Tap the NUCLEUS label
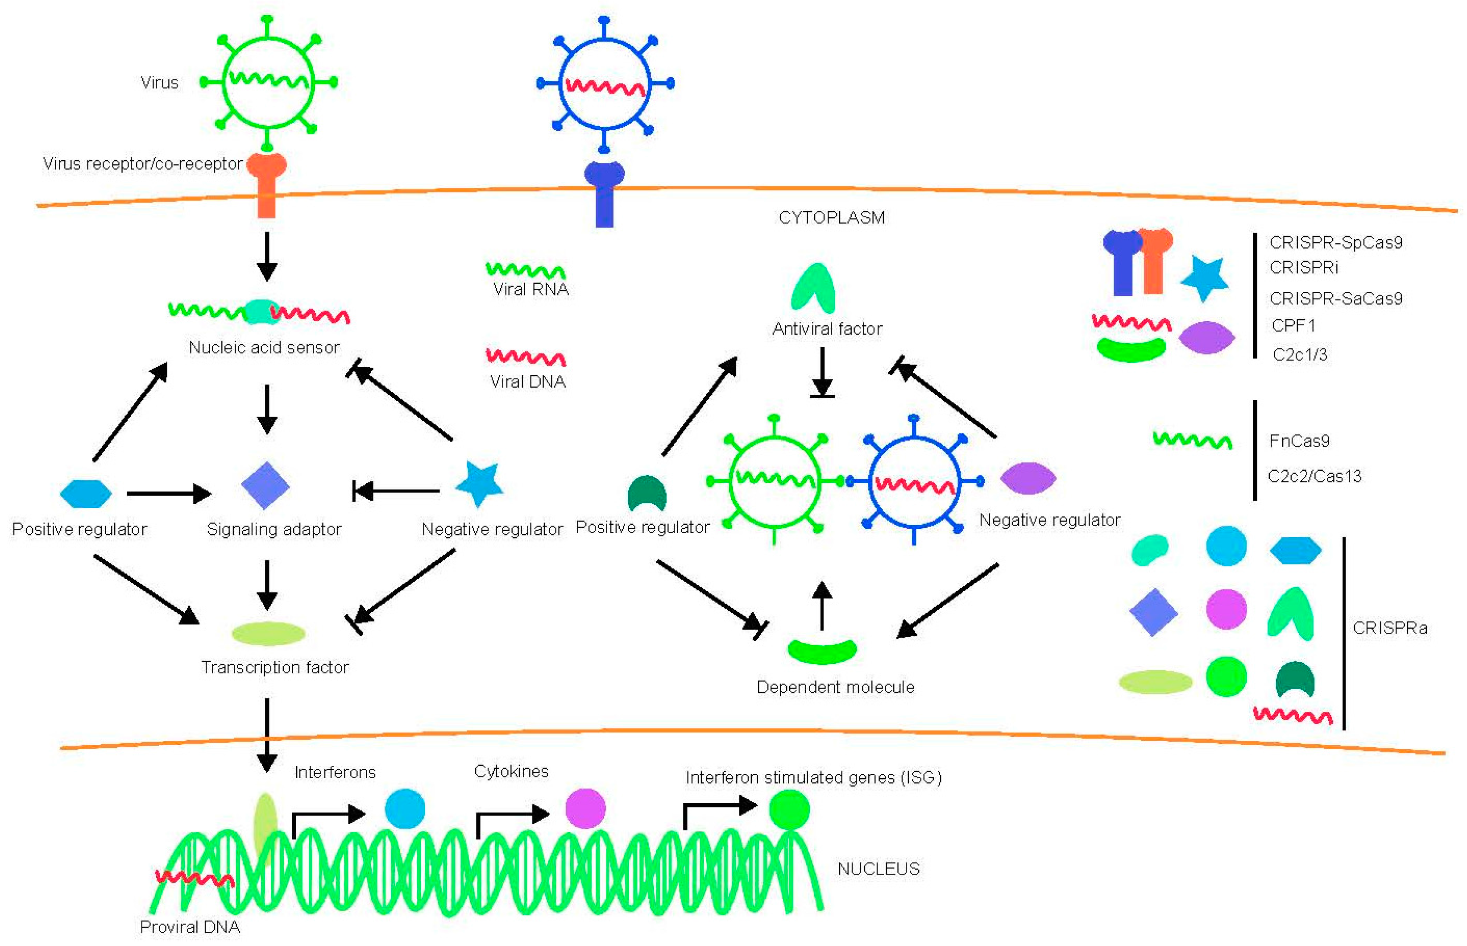tap(878, 869)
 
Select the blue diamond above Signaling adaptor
tap(265, 485)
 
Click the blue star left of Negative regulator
tap(479, 483)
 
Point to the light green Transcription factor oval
tap(268, 633)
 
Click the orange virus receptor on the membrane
tap(266, 184)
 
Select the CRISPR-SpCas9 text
tap(1335, 243)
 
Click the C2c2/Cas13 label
tap(1314, 476)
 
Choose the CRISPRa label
tap(1390, 628)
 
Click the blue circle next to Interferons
tap(405, 809)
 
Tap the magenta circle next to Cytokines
tap(585, 809)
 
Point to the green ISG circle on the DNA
tap(789, 809)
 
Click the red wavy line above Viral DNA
tap(526, 357)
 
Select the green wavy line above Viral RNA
tap(526, 270)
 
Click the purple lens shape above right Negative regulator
tap(1028, 478)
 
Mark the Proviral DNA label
tap(190, 927)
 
